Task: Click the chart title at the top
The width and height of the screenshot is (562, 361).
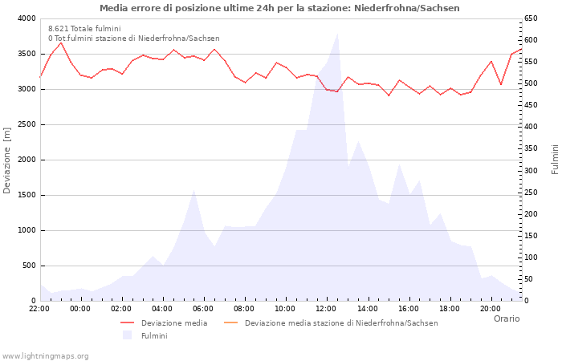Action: (x=279, y=8)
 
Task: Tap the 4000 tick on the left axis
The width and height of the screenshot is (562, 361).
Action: (x=26, y=18)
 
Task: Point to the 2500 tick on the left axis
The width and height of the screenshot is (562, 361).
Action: (x=26, y=124)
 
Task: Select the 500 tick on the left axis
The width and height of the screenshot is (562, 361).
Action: (x=28, y=266)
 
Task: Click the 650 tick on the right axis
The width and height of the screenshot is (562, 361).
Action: (x=533, y=18)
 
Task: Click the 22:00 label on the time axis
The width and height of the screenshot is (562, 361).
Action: (x=39, y=308)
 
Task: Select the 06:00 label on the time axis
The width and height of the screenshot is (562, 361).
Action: (x=203, y=308)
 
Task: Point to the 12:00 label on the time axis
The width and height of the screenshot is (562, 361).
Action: (x=326, y=308)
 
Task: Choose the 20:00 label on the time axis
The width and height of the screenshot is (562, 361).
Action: (x=490, y=308)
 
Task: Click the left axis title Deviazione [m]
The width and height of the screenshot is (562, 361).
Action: (x=8, y=160)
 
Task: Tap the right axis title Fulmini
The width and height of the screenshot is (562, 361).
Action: (x=554, y=160)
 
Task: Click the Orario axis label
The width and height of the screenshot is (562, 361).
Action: (x=506, y=318)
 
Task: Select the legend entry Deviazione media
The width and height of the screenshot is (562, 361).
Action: (x=173, y=323)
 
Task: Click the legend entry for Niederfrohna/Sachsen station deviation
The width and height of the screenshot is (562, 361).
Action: (x=341, y=323)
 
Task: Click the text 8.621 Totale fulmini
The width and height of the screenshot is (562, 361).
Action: (x=84, y=29)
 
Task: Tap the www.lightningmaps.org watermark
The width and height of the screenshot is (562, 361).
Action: (x=45, y=355)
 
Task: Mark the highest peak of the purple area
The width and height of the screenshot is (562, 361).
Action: (x=337, y=33)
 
